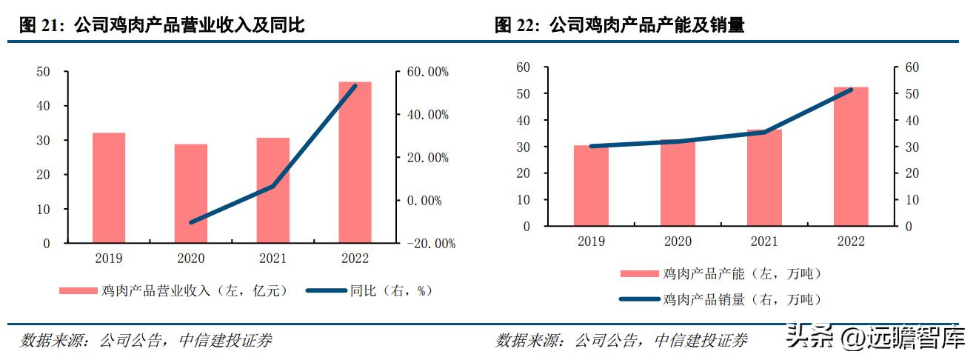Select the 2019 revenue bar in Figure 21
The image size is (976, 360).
coord(109,188)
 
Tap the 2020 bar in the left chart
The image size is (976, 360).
coord(191,194)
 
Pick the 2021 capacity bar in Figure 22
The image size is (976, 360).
coord(764,178)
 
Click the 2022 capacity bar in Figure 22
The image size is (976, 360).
coord(851,157)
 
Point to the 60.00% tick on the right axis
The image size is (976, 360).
coord(428,72)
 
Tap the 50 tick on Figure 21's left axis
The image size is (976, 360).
coord(43,72)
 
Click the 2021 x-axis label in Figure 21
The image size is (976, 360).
coord(273,259)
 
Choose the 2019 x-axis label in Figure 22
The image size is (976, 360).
coord(591,241)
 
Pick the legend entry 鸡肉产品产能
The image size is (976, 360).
coord(721,274)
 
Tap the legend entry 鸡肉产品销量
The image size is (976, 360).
coord(721,299)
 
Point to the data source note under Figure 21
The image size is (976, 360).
coord(146,341)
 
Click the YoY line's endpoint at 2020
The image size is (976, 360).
coord(192,222)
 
